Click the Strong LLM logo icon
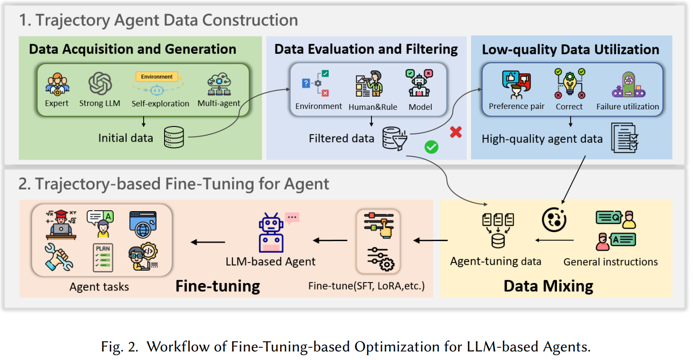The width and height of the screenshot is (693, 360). [x=100, y=84]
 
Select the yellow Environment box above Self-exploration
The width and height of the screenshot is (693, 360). [x=156, y=77]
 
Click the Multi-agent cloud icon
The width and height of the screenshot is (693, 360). [x=219, y=85]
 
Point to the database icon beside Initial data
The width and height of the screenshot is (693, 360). [x=174, y=137]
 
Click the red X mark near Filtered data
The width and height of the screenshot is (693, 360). [x=456, y=132]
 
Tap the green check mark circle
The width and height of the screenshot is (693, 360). [x=431, y=147]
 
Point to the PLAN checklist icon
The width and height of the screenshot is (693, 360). [x=103, y=257]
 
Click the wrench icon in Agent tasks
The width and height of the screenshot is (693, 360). [x=59, y=257]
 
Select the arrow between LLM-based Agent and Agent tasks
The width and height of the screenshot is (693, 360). [x=208, y=242]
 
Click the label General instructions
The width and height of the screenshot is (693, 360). [x=610, y=262]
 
